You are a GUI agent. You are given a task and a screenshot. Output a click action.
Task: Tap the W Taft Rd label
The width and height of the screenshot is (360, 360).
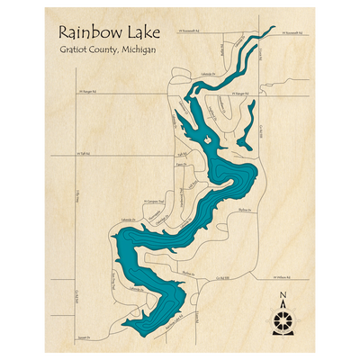coord(86,154)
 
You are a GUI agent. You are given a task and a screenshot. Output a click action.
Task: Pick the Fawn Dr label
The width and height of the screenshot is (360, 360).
coord(181,165)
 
